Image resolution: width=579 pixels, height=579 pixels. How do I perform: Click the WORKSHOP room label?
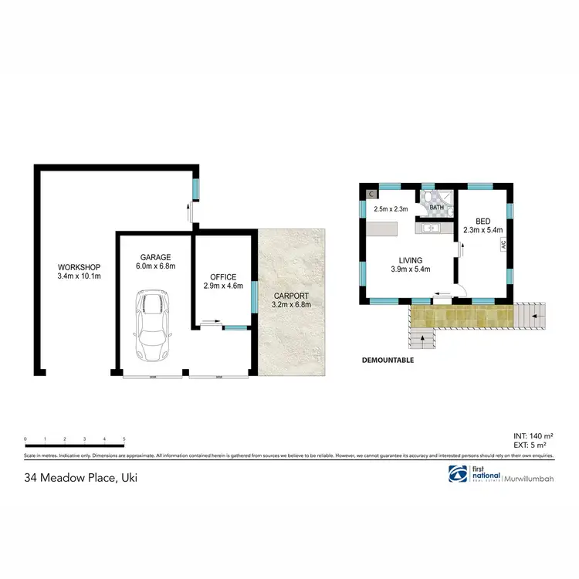pyautogui.click(x=74, y=268)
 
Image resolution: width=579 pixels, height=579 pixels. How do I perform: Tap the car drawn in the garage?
pyautogui.click(x=151, y=325)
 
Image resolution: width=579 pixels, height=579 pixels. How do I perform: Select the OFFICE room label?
pyautogui.click(x=223, y=277)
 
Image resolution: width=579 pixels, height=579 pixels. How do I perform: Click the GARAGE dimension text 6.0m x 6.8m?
pyautogui.click(x=155, y=266)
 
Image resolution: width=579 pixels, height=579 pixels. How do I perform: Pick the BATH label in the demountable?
pyautogui.click(x=437, y=208)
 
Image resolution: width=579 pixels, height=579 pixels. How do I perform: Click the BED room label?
pyautogui.click(x=482, y=221)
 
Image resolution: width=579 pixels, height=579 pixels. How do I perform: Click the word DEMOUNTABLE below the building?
pyautogui.click(x=388, y=360)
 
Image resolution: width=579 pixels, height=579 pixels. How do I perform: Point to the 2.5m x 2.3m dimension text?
pyautogui.click(x=390, y=209)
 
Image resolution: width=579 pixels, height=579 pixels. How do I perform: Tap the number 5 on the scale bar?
pyautogui.click(x=124, y=439)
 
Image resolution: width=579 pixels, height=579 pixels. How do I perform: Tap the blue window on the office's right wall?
pyautogui.click(x=254, y=297)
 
